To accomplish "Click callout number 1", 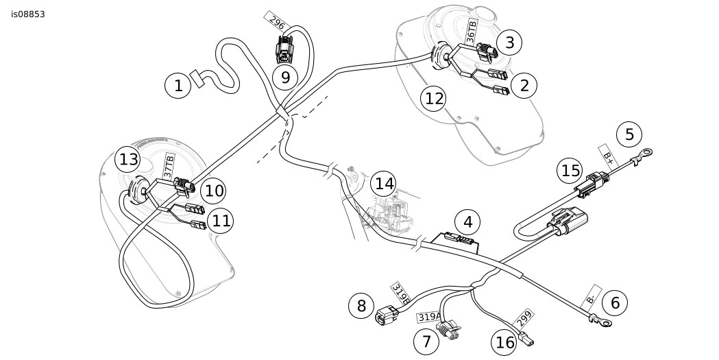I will pyautogui.click(x=178, y=86).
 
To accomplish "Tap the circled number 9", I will pyautogui.click(x=285, y=77).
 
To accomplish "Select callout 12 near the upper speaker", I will pyautogui.click(x=434, y=98).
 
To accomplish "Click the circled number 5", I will pyautogui.click(x=629, y=134).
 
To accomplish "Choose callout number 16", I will pyautogui.click(x=506, y=342).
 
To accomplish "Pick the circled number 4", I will pyautogui.click(x=468, y=223).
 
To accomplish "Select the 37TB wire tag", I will pyautogui.click(x=169, y=167).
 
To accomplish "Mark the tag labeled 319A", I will pyautogui.click(x=429, y=317).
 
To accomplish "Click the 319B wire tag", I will pyautogui.click(x=401, y=293).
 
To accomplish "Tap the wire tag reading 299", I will pyautogui.click(x=524, y=319).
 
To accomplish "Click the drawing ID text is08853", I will pyautogui.click(x=28, y=14).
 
